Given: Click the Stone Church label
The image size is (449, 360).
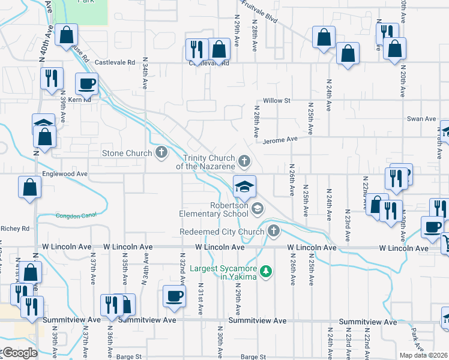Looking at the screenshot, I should (126, 153).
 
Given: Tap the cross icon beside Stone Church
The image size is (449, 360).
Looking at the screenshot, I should (161, 152).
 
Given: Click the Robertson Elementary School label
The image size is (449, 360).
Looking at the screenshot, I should (214, 209).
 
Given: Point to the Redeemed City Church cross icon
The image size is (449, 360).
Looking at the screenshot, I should (273, 231).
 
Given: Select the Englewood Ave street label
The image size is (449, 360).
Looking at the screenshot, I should (65, 174).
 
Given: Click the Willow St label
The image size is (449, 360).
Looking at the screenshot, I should (277, 101).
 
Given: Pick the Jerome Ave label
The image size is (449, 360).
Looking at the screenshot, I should (280, 139).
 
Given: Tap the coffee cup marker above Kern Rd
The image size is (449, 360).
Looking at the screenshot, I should (86, 84).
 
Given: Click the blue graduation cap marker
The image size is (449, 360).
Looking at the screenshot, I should (244, 186).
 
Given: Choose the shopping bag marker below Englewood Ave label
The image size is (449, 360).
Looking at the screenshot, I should (30, 187).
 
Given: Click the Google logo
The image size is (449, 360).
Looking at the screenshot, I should (20, 353).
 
